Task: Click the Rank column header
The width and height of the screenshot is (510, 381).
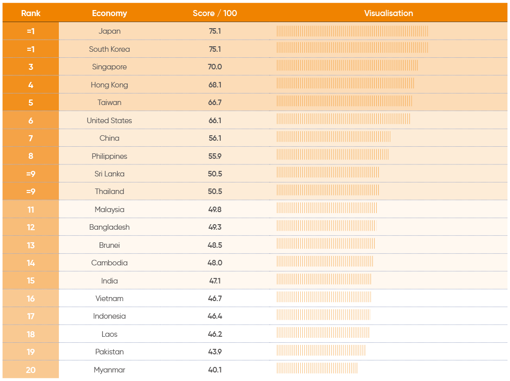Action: click(31, 14)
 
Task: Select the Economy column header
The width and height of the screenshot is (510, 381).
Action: click(109, 14)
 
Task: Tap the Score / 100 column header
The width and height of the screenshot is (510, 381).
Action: click(215, 14)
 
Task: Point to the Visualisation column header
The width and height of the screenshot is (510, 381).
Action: click(388, 14)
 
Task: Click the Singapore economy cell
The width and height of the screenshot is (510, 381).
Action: click(109, 67)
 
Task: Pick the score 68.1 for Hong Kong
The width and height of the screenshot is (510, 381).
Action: click(215, 85)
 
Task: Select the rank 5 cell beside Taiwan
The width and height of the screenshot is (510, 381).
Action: click(31, 103)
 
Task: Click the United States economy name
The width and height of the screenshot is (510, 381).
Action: click(109, 121)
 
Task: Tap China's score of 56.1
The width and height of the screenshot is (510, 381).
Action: click(215, 138)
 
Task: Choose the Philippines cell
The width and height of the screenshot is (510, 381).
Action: click(109, 156)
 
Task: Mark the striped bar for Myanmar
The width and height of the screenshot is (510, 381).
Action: click(317, 368)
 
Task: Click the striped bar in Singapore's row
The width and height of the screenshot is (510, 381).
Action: click(348, 65)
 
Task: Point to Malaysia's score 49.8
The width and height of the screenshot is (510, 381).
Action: click(215, 210)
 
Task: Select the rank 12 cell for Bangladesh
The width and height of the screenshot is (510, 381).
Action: click(31, 227)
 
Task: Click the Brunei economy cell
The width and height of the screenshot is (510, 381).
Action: click(109, 245)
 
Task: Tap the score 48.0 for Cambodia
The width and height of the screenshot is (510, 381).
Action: click(215, 263)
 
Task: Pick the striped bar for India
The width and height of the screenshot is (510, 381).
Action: click(324, 279)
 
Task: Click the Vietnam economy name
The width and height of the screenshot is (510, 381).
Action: click(109, 299)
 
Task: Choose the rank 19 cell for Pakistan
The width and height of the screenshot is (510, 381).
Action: click(31, 352)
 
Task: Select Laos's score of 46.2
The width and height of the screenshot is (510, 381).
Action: click(215, 334)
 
